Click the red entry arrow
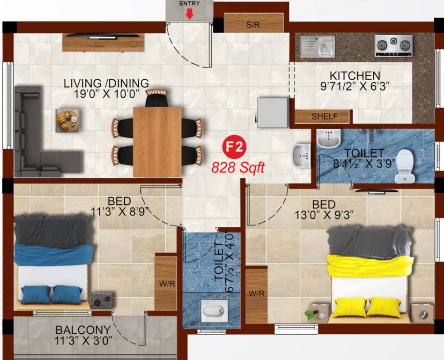(x=189, y=15)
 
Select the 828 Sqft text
(x=238, y=167)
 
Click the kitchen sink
(x=318, y=45)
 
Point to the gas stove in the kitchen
(x=393, y=45)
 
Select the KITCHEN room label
(x=355, y=75)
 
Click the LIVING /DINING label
(x=106, y=83)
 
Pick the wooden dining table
(x=157, y=141)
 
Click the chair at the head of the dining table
(x=156, y=97)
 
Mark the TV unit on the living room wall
(x=103, y=42)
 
